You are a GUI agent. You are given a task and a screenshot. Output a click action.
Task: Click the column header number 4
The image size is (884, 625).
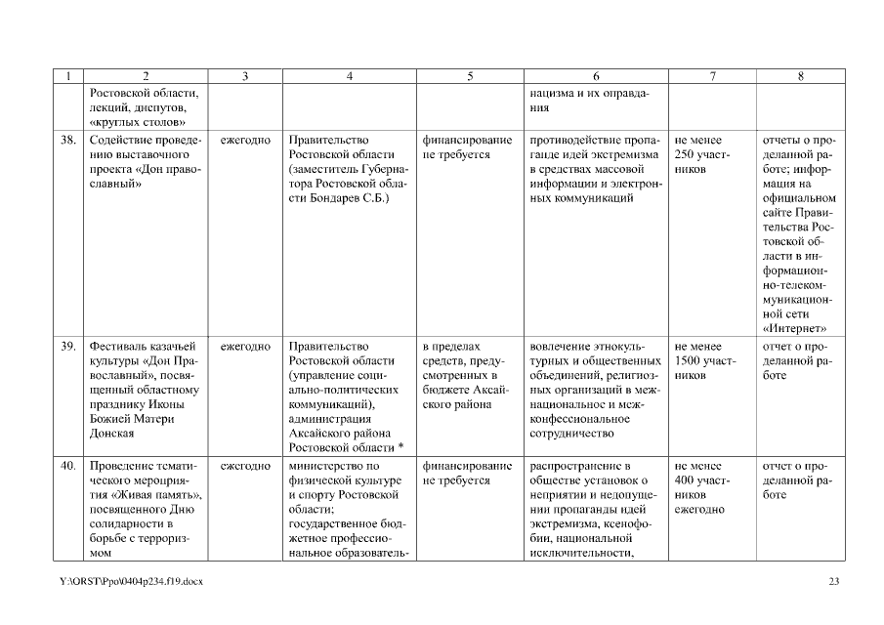click(x=349, y=76)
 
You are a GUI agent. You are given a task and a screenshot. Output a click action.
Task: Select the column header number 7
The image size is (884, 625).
click(x=713, y=76)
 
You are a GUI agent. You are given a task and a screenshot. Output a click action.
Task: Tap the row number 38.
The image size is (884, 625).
click(x=68, y=140)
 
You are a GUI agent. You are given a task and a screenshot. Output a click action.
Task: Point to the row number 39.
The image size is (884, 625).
click(x=68, y=346)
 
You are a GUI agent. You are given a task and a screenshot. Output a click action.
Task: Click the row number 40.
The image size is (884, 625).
click(x=68, y=466)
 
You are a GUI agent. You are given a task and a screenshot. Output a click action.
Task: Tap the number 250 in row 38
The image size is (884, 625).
click(x=685, y=155)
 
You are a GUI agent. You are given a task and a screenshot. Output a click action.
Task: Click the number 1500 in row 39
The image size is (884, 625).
click(x=689, y=361)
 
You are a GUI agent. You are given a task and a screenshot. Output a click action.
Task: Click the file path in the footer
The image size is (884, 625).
click(x=129, y=582)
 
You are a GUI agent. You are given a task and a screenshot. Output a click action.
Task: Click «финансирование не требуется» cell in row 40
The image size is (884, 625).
click(x=467, y=473)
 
